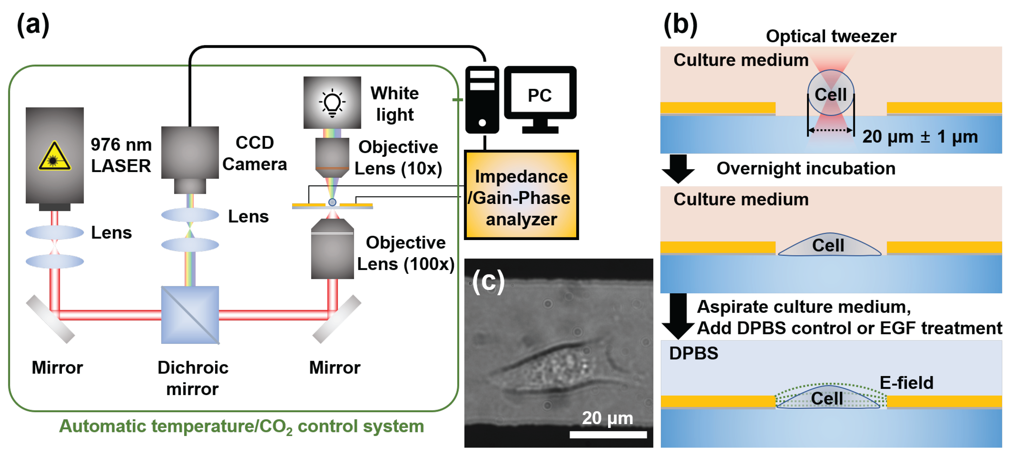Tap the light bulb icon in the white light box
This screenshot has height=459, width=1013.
332,103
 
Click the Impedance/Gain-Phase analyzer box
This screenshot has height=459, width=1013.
521,195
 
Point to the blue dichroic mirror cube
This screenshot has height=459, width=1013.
190,315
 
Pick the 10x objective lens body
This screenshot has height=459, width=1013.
332,155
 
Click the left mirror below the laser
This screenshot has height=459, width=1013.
50,319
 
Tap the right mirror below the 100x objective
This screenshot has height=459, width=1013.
337,319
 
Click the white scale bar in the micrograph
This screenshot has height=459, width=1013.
608,434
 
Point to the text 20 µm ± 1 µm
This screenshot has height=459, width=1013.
920,137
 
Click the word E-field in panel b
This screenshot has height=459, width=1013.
906,382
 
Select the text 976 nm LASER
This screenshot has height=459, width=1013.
121,155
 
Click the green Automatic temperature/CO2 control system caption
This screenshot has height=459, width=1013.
242,426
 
